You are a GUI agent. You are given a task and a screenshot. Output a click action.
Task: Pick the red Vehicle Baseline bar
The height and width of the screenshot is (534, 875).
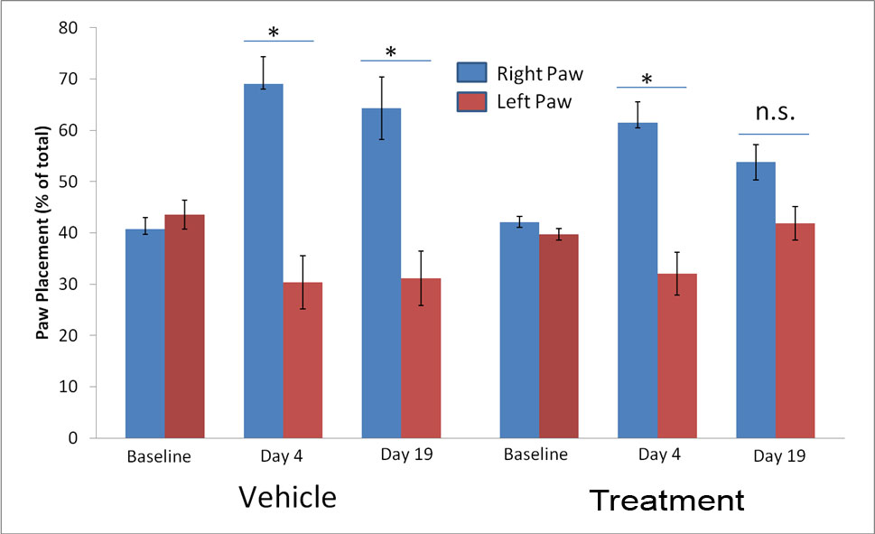[x=184, y=326]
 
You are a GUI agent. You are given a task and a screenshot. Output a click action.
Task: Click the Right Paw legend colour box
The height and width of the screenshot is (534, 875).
[x=471, y=72]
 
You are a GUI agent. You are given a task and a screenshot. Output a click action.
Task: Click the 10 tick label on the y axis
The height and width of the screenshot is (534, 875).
[x=93, y=387]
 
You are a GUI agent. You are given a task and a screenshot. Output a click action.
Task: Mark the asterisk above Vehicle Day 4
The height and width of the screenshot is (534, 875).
[x=274, y=33]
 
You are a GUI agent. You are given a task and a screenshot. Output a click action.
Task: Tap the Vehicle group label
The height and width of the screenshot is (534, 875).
[x=287, y=497]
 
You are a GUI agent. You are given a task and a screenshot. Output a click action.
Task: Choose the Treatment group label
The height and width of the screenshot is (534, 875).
[x=667, y=500]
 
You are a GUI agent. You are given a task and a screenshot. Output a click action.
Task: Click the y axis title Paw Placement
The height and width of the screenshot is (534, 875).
[x=42, y=233]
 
